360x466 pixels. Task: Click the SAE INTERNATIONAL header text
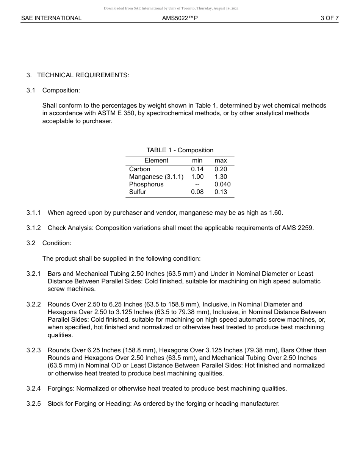tap(51, 18)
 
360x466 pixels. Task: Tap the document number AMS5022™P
tap(180, 18)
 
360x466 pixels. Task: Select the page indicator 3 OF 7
tap(329, 18)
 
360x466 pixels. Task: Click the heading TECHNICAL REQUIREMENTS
tap(83, 75)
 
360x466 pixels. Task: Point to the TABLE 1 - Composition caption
tap(180, 150)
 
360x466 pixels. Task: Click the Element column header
tap(156, 161)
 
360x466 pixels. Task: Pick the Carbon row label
tap(139, 169)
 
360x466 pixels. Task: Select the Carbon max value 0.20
tap(221, 169)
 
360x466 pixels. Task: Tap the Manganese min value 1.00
tap(197, 177)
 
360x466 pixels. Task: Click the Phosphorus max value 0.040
tap(222, 184)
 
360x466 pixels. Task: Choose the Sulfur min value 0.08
tap(197, 192)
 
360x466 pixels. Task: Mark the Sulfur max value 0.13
tap(221, 192)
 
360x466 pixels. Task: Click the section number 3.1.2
tap(34, 228)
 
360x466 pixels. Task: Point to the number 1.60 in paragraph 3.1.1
tap(275, 213)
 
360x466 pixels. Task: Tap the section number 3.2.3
tap(34, 350)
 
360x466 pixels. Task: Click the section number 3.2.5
tap(34, 403)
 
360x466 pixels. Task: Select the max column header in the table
tap(221, 161)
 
